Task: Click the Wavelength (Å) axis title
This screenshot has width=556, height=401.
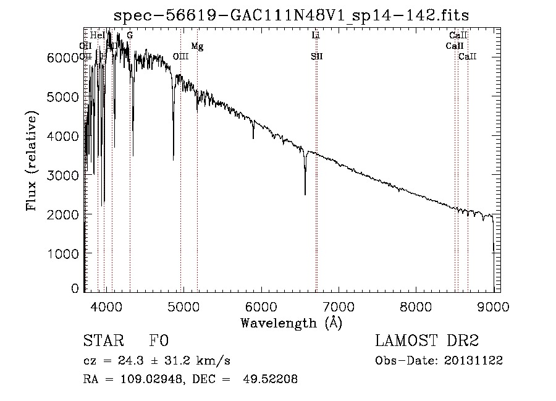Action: pyautogui.click(x=290, y=323)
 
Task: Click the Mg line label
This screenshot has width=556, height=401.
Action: pyautogui.click(x=196, y=46)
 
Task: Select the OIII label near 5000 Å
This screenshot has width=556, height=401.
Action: pyautogui.click(x=180, y=57)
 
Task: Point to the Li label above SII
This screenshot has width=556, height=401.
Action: pyautogui.click(x=316, y=36)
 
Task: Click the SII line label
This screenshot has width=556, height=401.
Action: pyautogui.click(x=317, y=57)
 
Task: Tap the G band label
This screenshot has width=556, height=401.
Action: pyautogui.click(x=130, y=36)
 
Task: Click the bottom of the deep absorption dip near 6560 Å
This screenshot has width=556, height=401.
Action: pyautogui.click(x=305, y=194)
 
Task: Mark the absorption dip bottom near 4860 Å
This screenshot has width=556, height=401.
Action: pyautogui.click(x=174, y=159)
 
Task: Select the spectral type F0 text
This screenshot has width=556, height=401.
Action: pyautogui.click(x=159, y=341)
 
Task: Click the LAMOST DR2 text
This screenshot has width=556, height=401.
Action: pyautogui.click(x=427, y=341)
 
